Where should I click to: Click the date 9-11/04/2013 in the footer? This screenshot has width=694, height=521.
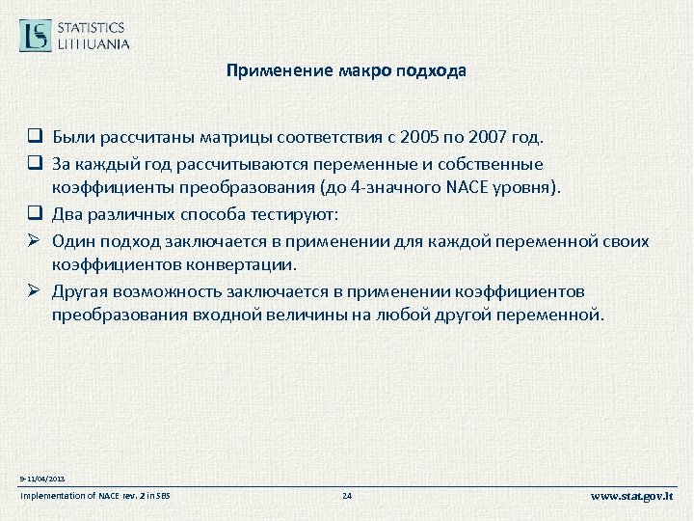pyautogui.click(x=41, y=478)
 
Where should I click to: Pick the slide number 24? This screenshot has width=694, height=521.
pyautogui.click(x=347, y=496)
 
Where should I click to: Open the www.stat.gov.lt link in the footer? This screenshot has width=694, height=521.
pyautogui.click(x=632, y=496)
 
